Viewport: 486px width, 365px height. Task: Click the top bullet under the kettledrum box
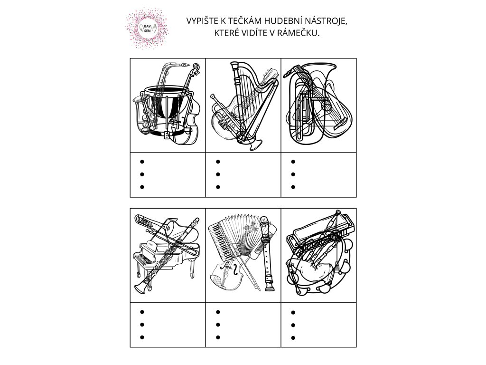141,161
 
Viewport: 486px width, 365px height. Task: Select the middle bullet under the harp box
217,174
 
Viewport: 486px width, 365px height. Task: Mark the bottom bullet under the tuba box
293,187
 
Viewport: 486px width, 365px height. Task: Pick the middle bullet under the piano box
141,325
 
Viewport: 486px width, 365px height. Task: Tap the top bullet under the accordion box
217,312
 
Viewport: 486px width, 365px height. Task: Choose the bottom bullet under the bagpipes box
293,338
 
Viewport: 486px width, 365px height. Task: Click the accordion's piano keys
218,235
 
